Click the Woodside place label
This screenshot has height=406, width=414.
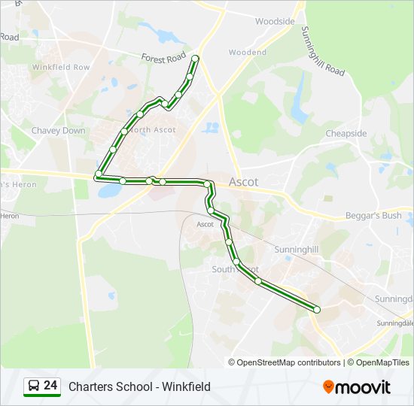click(275, 22)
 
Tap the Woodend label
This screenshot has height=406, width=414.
click(248, 53)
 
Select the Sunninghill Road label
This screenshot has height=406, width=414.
click(322, 52)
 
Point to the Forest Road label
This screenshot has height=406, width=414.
click(163, 57)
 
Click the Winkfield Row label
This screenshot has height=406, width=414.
click(60, 67)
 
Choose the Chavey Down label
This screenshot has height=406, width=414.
click(58, 131)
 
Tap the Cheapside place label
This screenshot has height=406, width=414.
click(346, 134)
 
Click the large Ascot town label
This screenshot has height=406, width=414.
click(243, 182)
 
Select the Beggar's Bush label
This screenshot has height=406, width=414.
click(373, 216)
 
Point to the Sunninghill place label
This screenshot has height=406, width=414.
click(297, 247)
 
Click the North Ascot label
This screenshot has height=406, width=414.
click(154, 130)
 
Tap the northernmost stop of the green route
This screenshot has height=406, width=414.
click(196, 59)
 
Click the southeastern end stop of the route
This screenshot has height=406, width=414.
click(317, 309)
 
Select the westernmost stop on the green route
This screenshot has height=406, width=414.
click(98, 174)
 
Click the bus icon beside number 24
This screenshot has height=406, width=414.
click(33, 386)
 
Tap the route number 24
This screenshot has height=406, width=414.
click(50, 386)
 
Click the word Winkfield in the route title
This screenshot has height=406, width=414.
click(187, 386)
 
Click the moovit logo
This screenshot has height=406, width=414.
click(357, 387)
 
